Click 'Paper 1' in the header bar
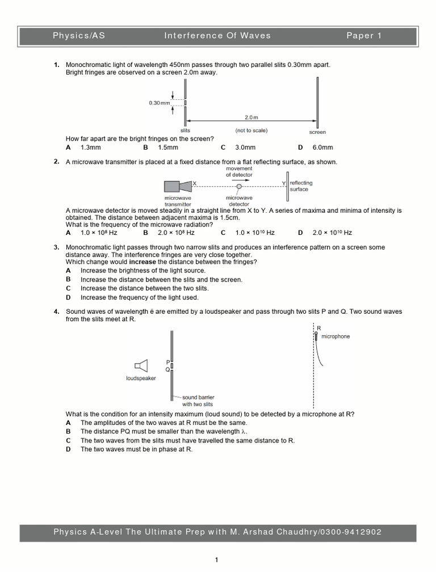(364, 36)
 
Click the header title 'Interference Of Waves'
(217, 36)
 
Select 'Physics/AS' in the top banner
(79, 36)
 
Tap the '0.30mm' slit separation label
(160, 103)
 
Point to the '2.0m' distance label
(251, 117)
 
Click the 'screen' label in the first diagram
(317, 132)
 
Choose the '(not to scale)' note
(251, 130)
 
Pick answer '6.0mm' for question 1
(322, 148)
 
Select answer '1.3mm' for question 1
(90, 148)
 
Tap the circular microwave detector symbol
(239, 186)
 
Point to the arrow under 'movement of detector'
(239, 180)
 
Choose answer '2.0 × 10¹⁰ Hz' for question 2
(332, 233)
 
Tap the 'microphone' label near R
(336, 336)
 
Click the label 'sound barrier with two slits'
(198, 401)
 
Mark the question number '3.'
(57, 247)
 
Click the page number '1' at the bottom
(216, 561)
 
